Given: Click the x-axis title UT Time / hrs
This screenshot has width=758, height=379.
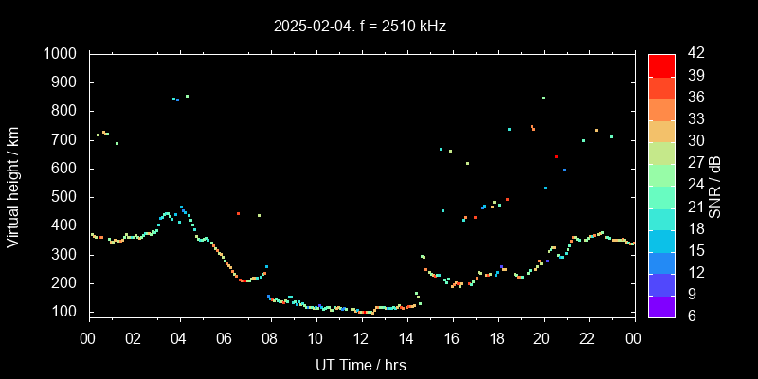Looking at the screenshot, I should coord(361,364).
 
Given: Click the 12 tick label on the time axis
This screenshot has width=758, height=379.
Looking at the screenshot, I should coord(361,338).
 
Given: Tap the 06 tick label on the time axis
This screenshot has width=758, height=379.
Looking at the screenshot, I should coord(225,338).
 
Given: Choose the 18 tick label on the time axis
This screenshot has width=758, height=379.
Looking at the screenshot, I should coord(497,338).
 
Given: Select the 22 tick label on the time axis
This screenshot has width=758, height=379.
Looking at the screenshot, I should coord(588,338).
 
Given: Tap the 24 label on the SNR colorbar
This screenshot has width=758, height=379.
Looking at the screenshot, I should coord(691,183).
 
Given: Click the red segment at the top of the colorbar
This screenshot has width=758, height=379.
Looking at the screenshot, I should coord(661,64).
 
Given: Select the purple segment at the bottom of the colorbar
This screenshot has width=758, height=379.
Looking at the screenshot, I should coord(661,306).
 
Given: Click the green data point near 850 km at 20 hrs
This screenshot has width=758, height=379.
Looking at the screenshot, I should coord(543,98).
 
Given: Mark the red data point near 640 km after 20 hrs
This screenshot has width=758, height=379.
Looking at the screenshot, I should coord(556,157).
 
